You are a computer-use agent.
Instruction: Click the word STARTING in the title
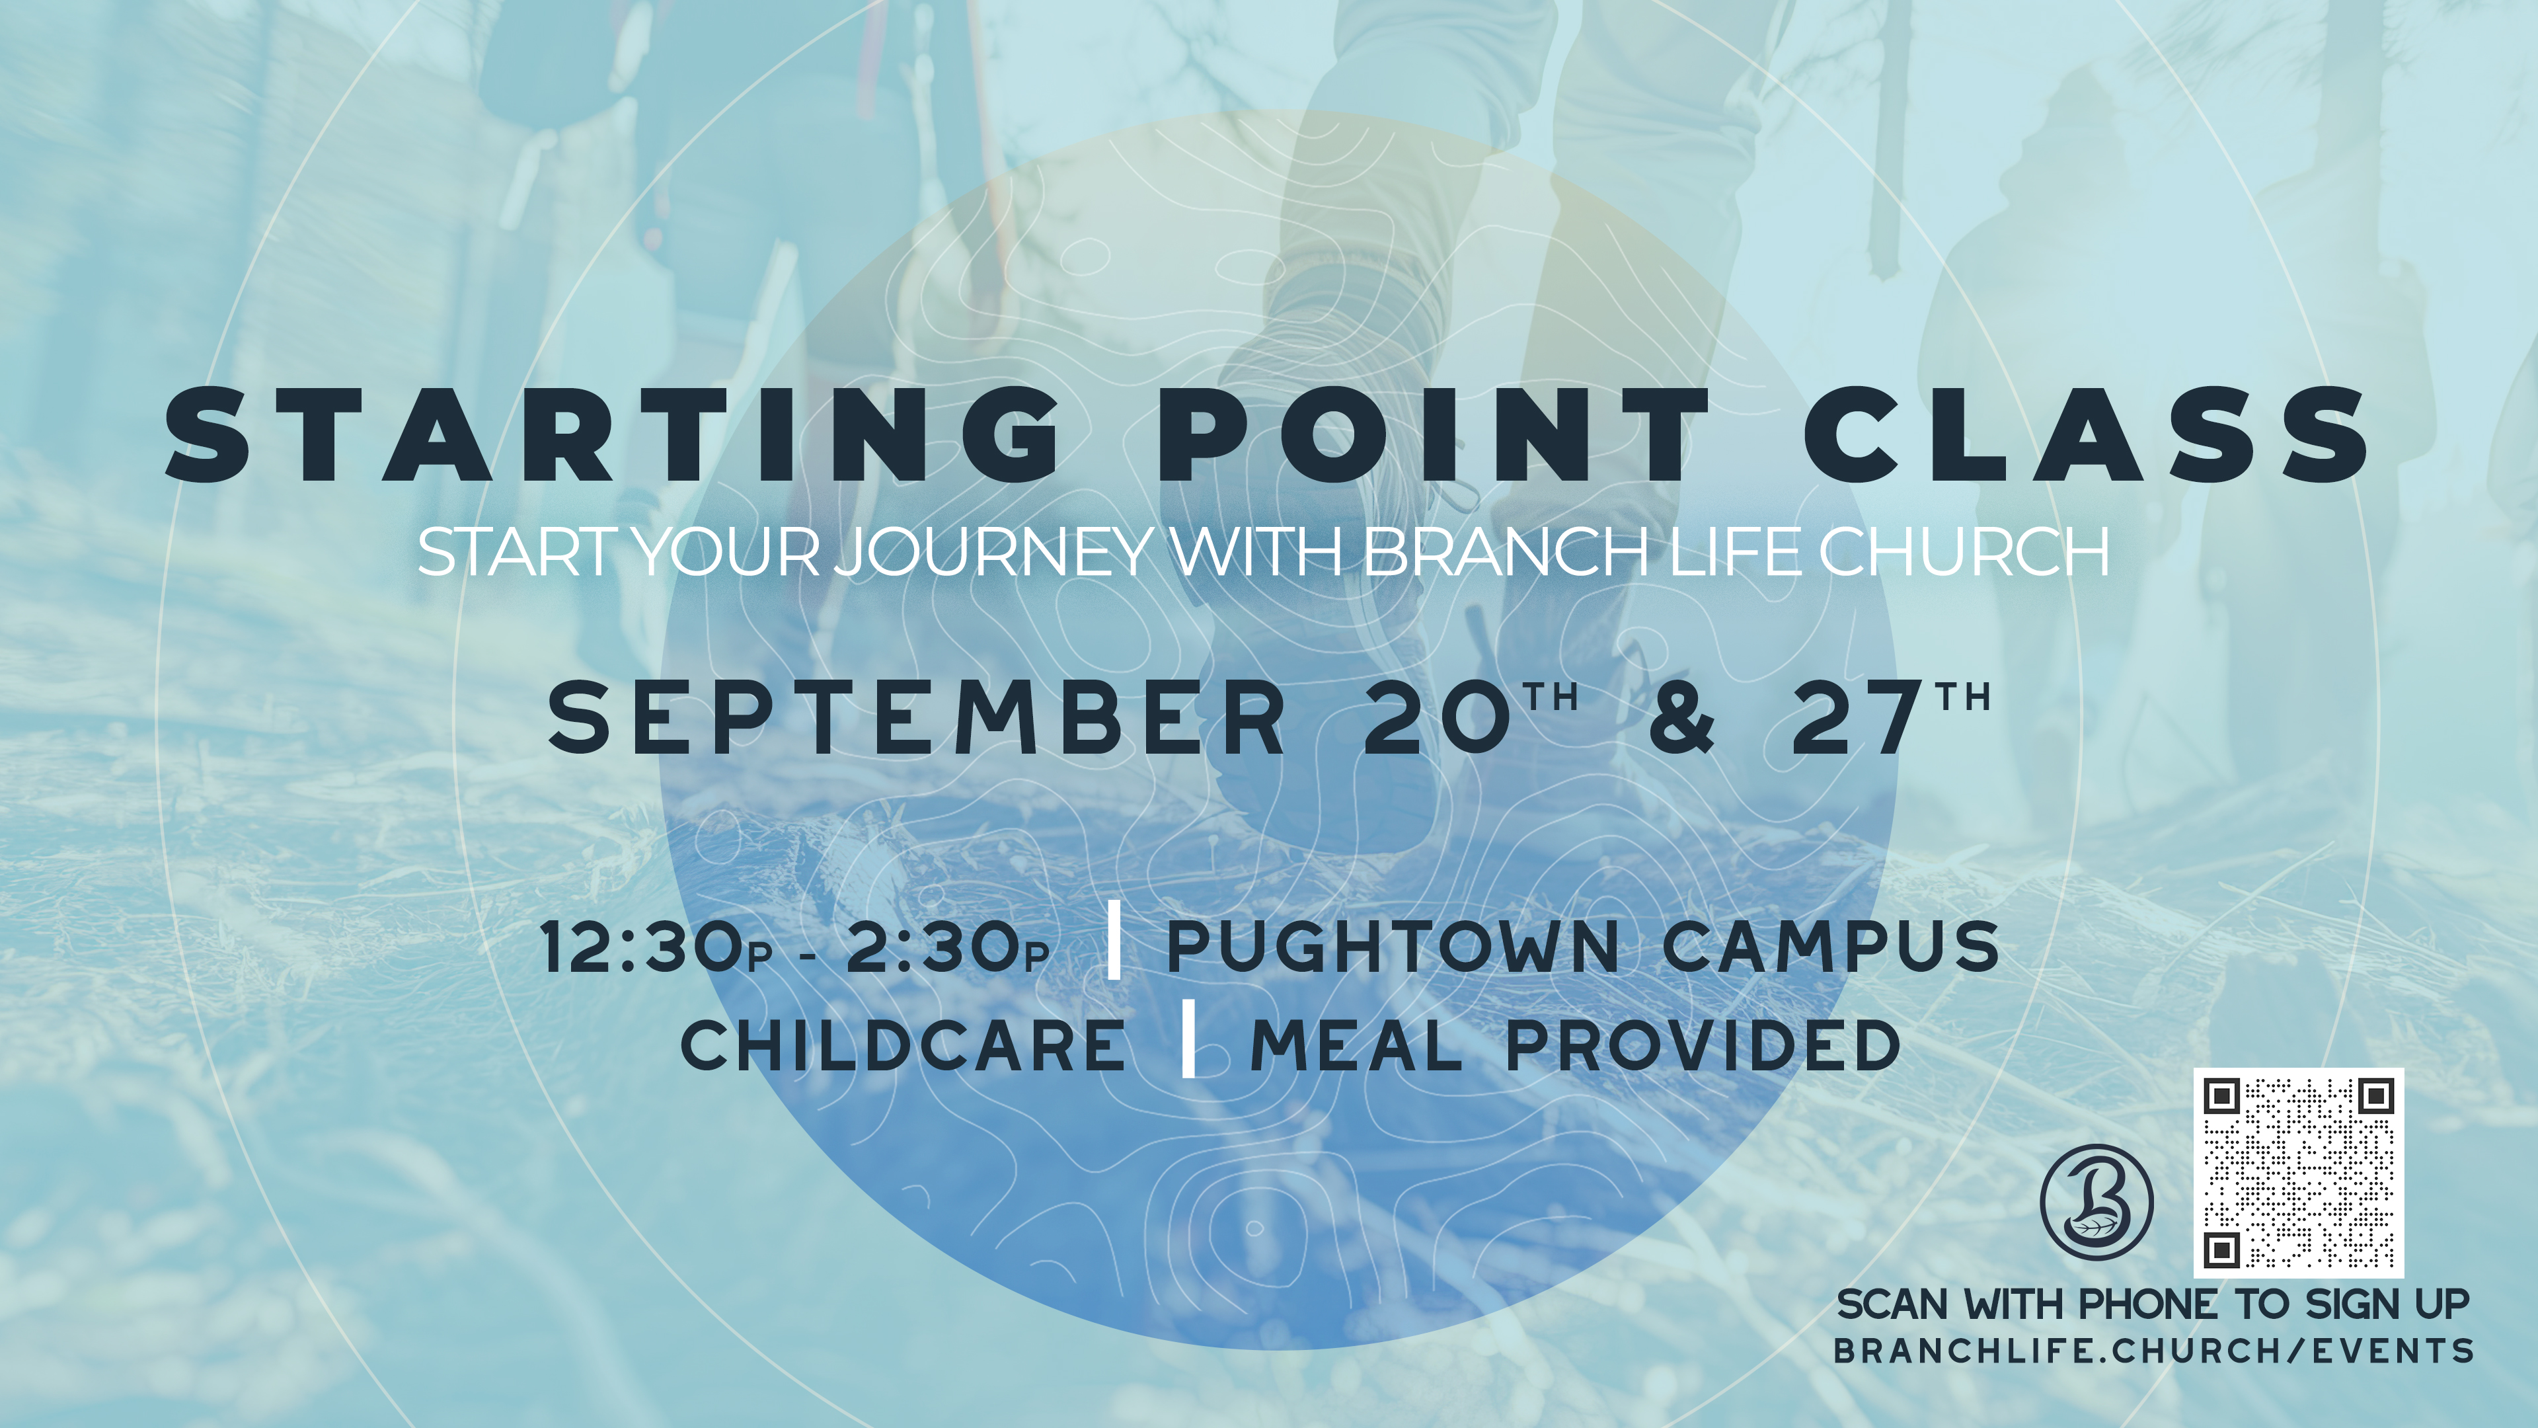point(613,434)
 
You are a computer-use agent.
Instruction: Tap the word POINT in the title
point(1434,434)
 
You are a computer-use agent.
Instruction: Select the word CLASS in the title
point(2087,434)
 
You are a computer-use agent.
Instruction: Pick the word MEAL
point(1357,1046)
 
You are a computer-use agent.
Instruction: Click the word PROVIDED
point(1703,1046)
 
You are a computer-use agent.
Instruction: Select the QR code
point(2299,1173)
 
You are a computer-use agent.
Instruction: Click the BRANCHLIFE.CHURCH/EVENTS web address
point(2154,1350)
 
